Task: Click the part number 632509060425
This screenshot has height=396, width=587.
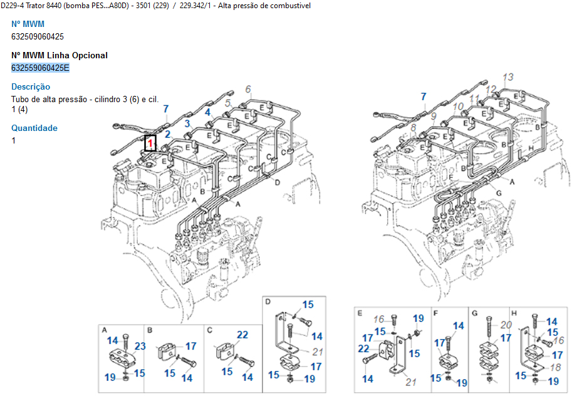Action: point(38,36)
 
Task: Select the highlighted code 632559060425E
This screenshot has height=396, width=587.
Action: point(41,68)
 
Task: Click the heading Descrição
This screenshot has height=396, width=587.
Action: point(31,86)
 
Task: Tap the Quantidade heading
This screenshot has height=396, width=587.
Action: point(34,128)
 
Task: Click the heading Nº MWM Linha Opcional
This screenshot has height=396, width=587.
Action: point(60,55)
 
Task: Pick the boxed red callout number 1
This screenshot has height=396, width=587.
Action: point(150,143)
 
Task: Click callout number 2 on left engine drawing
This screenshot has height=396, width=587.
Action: point(167,134)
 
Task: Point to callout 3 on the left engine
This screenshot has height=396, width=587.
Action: point(187,123)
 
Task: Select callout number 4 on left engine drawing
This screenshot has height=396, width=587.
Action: point(207,112)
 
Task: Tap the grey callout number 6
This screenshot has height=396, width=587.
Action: point(248,89)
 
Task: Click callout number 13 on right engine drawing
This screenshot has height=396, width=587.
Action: point(507,76)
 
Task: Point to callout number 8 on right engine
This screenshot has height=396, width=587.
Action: point(413,128)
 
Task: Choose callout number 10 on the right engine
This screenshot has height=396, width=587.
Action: point(458,107)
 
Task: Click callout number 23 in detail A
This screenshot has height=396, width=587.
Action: point(140,346)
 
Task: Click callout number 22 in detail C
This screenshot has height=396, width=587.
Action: point(242,335)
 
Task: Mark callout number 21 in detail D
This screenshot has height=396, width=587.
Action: point(318,352)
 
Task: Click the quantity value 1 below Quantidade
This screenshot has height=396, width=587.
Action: point(14,140)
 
